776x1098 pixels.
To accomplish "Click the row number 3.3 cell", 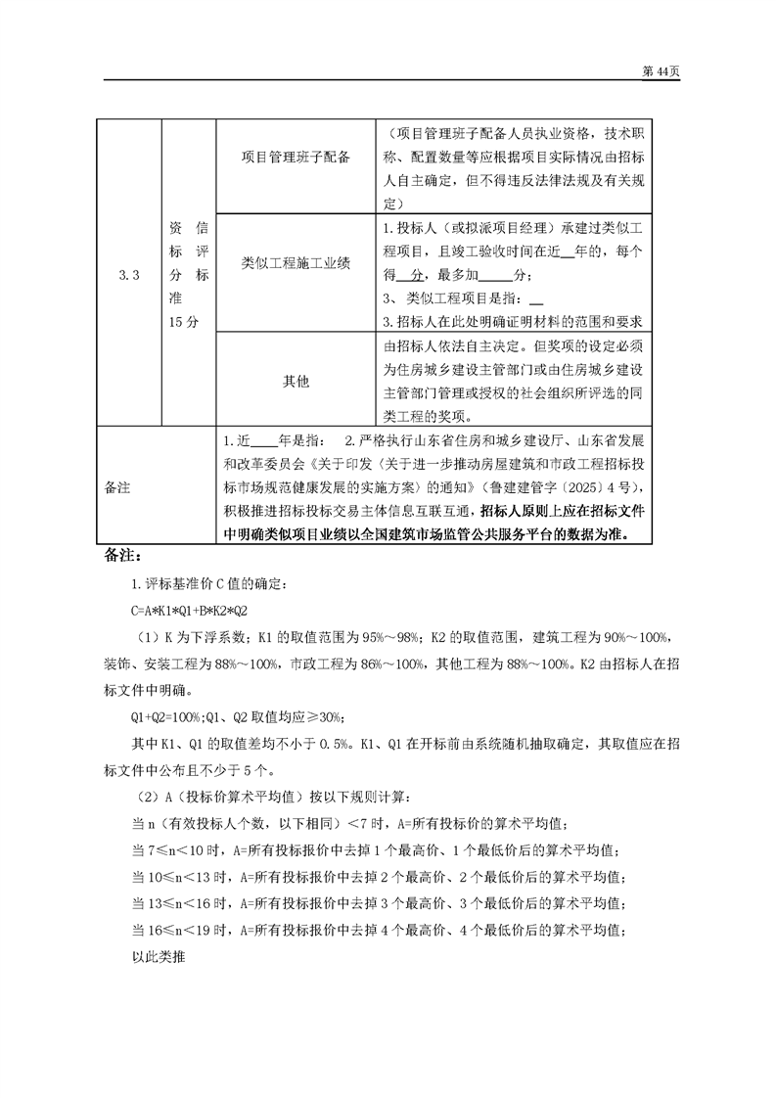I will pos(128,277).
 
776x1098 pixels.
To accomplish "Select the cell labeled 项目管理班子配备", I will pos(296,157).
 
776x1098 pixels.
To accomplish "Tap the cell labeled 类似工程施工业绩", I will pos(296,263).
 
